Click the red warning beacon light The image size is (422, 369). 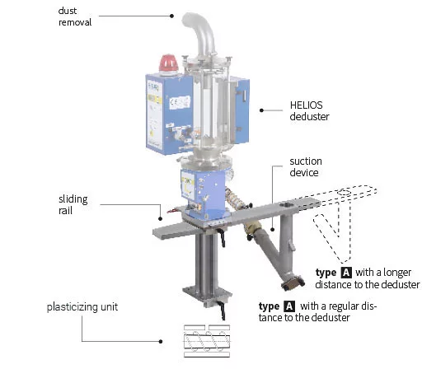click(168, 63)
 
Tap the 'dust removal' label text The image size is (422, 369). click(75, 16)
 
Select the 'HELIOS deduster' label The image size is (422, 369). click(309, 111)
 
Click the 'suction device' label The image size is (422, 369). click(306, 166)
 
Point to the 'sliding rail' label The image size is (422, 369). click(73, 205)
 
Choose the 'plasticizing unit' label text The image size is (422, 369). click(82, 307)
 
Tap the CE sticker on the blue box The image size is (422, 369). click(180, 103)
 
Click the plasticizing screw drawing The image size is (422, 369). click(207, 341)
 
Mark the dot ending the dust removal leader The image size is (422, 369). click(171, 16)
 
